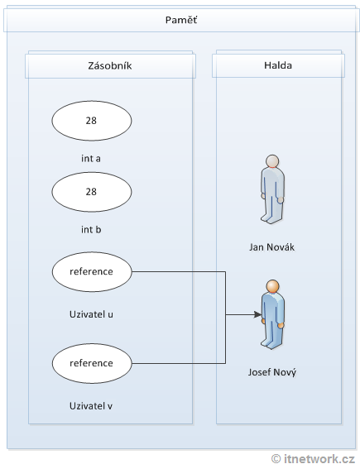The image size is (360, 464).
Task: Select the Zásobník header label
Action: pyautogui.click(x=110, y=66)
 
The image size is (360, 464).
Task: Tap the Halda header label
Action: pyautogui.click(x=278, y=66)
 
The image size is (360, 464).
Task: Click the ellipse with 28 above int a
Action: pyautogui.click(x=91, y=121)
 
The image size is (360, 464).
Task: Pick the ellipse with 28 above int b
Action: pyautogui.click(x=91, y=192)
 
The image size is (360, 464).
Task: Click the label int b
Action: pyautogui.click(x=91, y=229)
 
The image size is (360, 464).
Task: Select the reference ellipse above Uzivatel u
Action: pyautogui.click(x=91, y=270)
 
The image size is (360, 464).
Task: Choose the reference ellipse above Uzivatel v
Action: pyautogui.click(x=91, y=362)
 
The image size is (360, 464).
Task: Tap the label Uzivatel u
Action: pyautogui.click(x=91, y=315)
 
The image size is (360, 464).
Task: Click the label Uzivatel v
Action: pyautogui.click(x=91, y=406)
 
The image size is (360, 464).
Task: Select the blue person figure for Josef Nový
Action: pyautogui.click(x=271, y=314)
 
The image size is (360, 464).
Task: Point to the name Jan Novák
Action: pyautogui.click(x=272, y=246)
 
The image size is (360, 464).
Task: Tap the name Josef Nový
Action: pyautogui.click(x=272, y=372)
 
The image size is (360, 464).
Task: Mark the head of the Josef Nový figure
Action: pyautogui.click(x=272, y=287)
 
